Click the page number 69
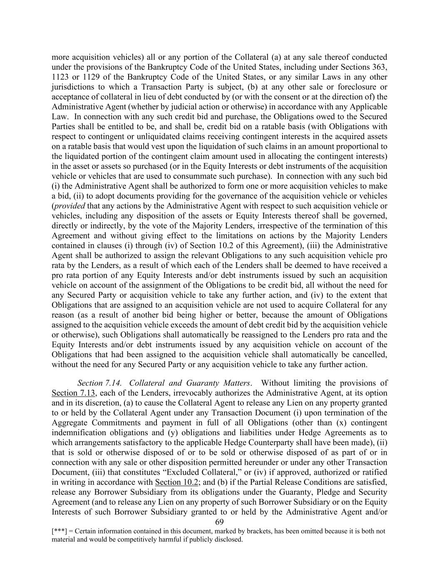point(220,522)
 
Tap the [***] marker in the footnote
point(58,531)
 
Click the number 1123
point(61,77)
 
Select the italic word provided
point(69,206)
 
